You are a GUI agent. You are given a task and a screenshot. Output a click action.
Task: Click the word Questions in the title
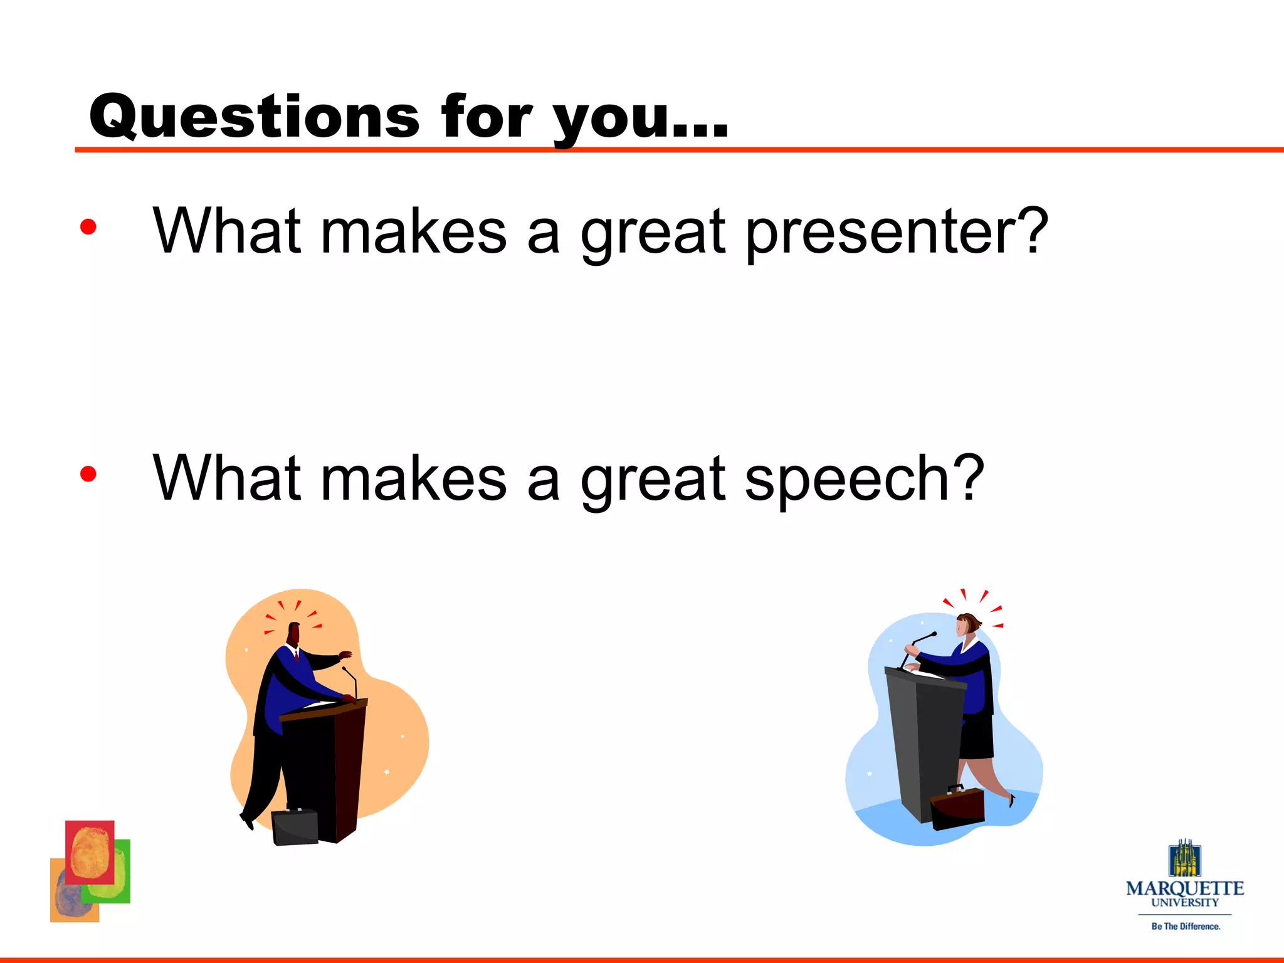[254, 117]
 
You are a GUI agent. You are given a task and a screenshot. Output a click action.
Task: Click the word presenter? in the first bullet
[897, 232]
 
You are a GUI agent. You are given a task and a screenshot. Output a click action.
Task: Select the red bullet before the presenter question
[88, 227]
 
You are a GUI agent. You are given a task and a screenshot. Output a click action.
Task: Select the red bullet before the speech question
[88, 474]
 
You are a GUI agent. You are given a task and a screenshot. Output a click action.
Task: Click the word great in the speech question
[653, 480]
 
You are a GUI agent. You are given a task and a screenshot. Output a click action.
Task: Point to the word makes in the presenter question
[413, 232]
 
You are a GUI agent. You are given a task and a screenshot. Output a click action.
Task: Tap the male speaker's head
[293, 633]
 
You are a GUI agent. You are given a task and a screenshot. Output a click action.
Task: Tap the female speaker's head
[969, 625]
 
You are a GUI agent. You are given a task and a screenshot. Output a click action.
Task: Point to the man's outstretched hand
[345, 655]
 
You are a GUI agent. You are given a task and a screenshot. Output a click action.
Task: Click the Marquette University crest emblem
[1184, 859]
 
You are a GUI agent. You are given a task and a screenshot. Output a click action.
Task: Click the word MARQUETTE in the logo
[1185, 889]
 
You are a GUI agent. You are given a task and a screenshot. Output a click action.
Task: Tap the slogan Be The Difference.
[1186, 926]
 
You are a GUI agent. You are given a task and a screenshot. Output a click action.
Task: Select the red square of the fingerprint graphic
[90, 852]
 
